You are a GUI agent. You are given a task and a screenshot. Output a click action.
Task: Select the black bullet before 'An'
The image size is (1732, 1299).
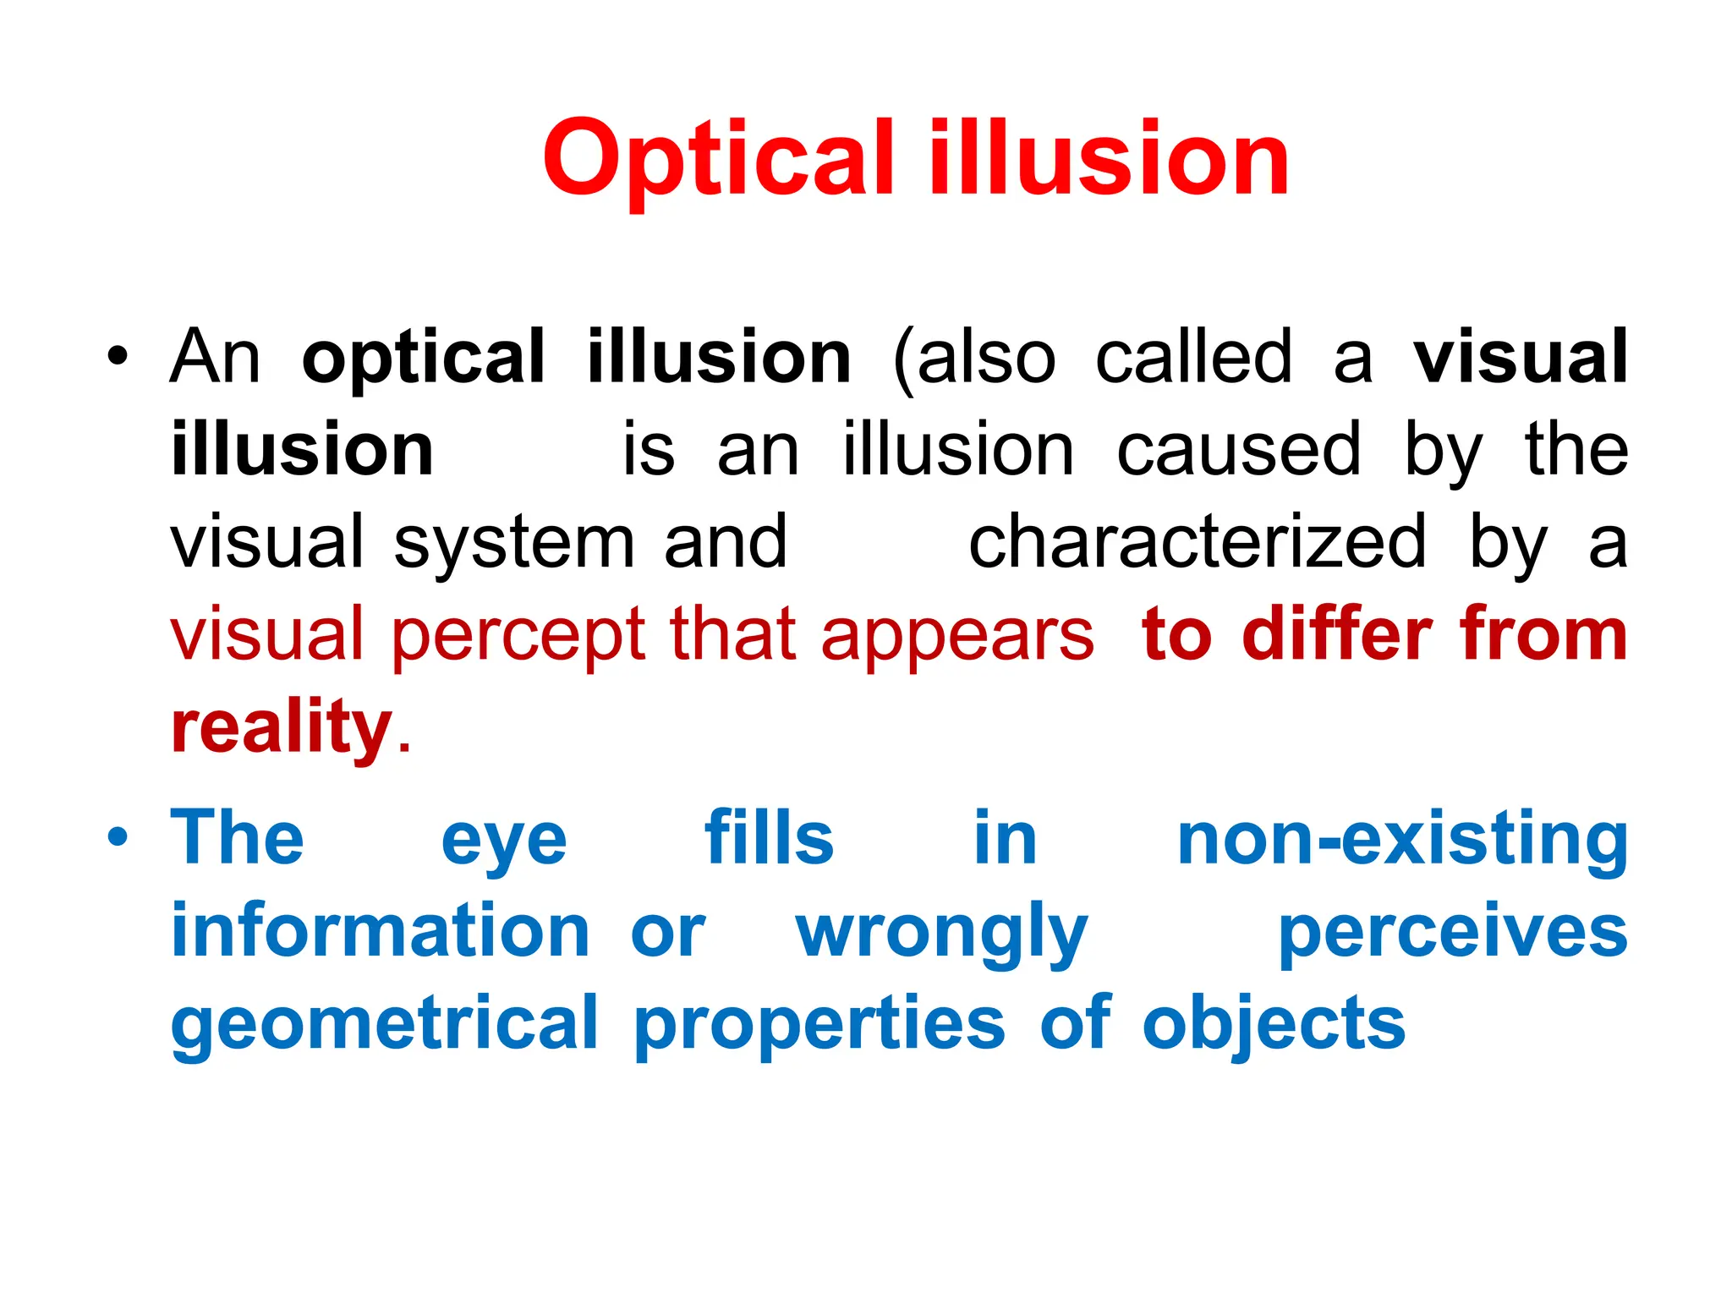pyautogui.click(x=118, y=356)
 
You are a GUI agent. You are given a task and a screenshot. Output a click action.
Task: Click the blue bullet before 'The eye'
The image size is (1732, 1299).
pyautogui.click(x=118, y=837)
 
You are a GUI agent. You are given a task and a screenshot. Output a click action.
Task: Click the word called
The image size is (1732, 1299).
pyautogui.click(x=1193, y=357)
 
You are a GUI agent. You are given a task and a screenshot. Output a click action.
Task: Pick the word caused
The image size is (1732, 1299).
pyautogui.click(x=1238, y=450)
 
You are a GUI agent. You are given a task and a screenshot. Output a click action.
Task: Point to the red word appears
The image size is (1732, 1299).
pyautogui.click(x=956, y=636)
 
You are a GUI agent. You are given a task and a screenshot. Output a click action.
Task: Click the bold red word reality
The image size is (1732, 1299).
pyautogui.click(x=282, y=728)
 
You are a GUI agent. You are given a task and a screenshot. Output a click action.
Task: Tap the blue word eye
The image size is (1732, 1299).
pyautogui.click(x=504, y=842)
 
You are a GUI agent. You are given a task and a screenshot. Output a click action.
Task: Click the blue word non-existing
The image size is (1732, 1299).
pyautogui.click(x=1402, y=840)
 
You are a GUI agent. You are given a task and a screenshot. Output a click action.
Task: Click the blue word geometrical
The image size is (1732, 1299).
pyautogui.click(x=385, y=1025)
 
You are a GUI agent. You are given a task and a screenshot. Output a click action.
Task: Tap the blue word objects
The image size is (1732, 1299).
pyautogui.click(x=1274, y=1025)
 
